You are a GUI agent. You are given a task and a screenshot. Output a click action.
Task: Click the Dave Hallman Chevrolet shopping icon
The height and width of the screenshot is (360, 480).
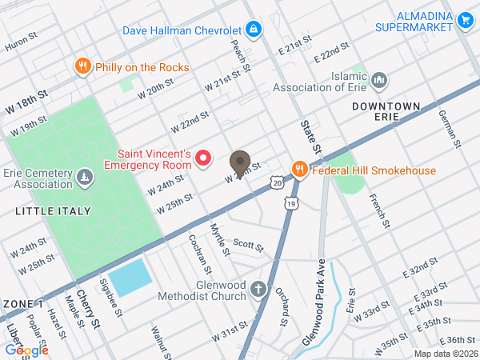pyautogui.click(x=254, y=30)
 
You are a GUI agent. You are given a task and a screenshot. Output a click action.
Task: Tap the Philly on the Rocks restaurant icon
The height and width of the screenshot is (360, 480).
pyautogui.click(x=82, y=66)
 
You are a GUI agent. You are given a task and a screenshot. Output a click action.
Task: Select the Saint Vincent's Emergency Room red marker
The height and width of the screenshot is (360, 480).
pyautogui.click(x=203, y=158)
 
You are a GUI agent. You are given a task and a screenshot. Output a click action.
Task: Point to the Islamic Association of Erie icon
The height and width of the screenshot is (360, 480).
pyautogui.click(x=380, y=80)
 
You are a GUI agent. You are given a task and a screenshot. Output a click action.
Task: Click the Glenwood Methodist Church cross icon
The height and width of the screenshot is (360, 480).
pyautogui.click(x=258, y=289)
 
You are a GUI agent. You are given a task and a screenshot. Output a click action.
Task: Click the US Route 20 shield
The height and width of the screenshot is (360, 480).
pyautogui.click(x=276, y=183)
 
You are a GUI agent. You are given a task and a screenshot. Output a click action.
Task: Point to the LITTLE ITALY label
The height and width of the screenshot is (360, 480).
pyautogui.click(x=52, y=210)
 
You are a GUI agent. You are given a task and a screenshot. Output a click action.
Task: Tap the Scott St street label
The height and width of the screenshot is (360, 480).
pyautogui.click(x=248, y=245)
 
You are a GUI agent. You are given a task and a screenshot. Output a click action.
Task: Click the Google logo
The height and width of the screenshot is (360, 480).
pyautogui.click(x=26, y=350)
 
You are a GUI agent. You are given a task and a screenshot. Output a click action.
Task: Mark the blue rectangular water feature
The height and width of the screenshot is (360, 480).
pyautogui.click(x=129, y=277)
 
